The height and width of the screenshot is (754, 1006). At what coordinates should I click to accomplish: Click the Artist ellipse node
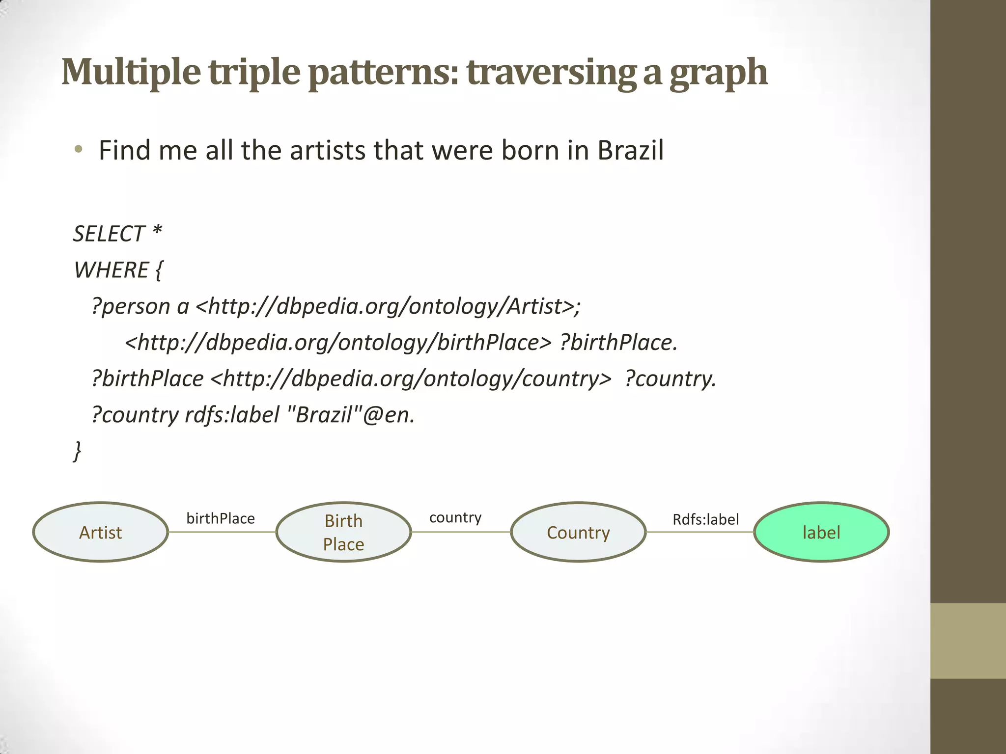101,532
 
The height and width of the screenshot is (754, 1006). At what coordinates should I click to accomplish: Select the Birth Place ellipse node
343,532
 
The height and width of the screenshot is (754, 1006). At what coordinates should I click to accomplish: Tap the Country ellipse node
578,532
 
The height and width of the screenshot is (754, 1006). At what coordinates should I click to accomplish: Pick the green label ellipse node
821,532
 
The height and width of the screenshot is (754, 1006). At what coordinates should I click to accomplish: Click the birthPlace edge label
221,518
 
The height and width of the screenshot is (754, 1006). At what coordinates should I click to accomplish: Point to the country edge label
455,517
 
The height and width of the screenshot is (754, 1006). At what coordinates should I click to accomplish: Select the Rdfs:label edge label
705,519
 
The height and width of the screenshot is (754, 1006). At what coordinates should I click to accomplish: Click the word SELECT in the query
109,234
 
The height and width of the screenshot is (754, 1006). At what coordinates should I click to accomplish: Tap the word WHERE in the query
111,270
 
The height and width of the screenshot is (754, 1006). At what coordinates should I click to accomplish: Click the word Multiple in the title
131,72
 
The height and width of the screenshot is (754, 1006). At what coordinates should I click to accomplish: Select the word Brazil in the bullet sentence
630,150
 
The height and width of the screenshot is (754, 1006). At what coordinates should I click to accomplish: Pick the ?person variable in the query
131,306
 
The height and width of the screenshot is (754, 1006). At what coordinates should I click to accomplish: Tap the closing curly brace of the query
77,451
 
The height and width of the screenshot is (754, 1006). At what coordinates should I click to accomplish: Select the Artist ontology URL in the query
385,306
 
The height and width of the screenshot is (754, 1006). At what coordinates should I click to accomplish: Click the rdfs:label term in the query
232,415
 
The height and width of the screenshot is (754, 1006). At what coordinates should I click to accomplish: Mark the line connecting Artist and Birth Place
222,532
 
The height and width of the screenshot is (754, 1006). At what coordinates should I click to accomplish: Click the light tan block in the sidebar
968,641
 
